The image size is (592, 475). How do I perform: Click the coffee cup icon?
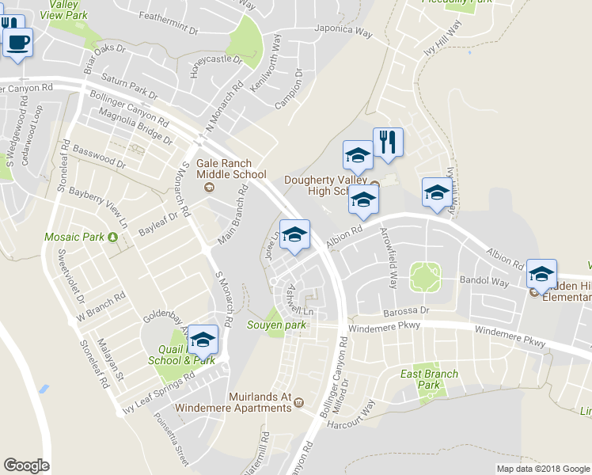click(17, 42)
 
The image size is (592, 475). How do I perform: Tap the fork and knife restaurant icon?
click(387, 142)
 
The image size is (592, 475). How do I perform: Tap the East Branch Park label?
click(429, 379)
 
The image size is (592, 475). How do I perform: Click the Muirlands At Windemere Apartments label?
click(249, 401)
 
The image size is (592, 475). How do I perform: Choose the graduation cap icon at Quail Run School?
click(203, 340)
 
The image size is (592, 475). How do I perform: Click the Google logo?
click(26, 465)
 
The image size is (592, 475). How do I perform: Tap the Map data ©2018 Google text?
click(542, 469)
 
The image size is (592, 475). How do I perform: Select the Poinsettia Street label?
click(172, 439)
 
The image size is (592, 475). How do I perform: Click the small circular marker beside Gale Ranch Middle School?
click(209, 187)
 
